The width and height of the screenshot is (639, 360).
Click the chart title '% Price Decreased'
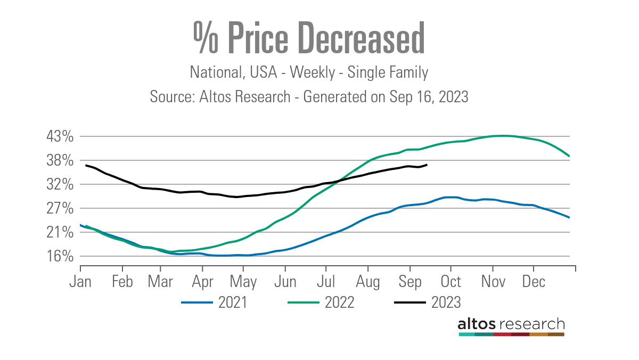pos(309,38)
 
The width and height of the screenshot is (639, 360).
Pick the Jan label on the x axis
pos(80,281)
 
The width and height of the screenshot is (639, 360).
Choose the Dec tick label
pos(534,281)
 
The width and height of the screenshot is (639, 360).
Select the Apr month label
pos(202,281)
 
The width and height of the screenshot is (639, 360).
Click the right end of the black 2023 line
pos(427,165)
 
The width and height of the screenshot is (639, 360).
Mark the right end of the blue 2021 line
pos(570,217)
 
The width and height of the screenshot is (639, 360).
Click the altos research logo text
pos(511,324)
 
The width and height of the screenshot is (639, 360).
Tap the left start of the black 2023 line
pos(86,165)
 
